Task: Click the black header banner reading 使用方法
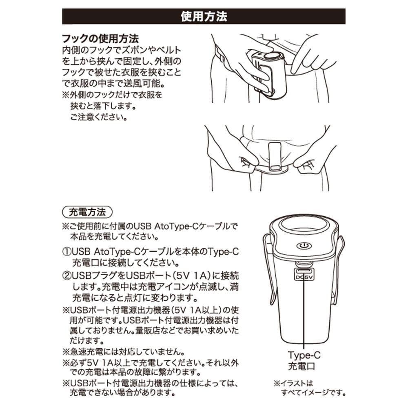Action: (204, 17)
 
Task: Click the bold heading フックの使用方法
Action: (100, 40)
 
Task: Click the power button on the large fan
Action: (302, 247)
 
